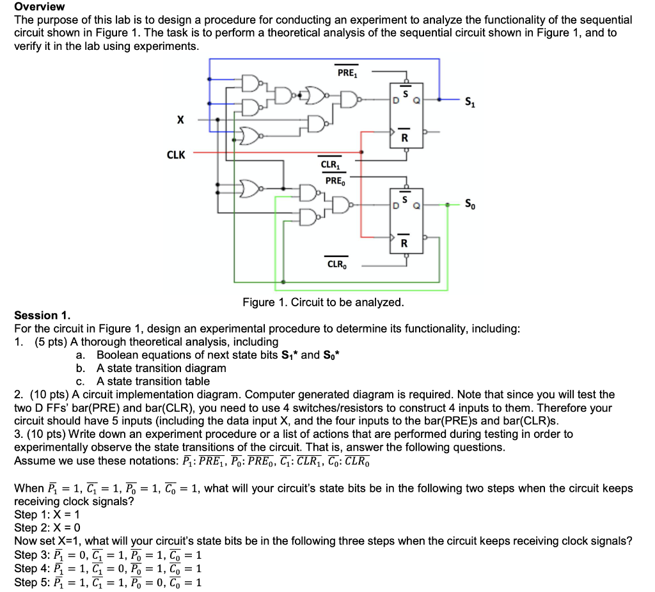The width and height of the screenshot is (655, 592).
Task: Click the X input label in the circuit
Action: point(180,120)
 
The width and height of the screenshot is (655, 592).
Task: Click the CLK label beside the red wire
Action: point(176,154)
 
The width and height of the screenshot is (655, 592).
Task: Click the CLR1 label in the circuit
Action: point(331,164)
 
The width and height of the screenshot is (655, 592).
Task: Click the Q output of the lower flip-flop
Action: point(416,205)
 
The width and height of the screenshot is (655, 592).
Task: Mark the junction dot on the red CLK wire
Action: point(362,152)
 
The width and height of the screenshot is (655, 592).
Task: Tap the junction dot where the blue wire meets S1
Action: point(439,100)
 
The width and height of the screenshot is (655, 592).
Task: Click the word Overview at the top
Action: point(39,6)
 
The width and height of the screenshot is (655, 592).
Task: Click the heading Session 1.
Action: point(42,315)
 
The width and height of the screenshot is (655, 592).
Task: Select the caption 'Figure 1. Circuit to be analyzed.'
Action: point(322,302)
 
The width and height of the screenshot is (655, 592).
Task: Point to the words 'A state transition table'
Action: point(153,381)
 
